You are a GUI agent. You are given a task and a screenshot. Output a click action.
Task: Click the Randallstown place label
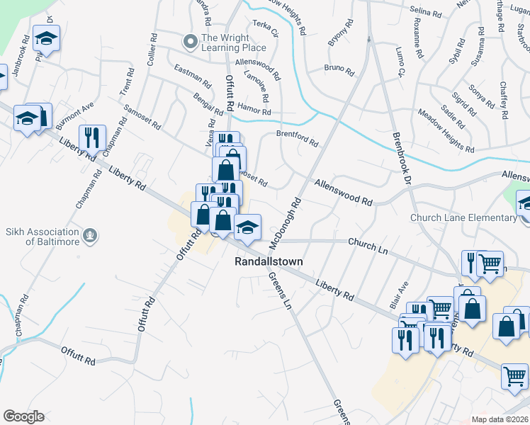tap(269, 261)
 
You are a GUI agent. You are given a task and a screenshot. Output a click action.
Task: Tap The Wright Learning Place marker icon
tap(189, 42)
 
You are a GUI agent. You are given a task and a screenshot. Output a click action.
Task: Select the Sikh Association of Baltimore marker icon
tap(89, 234)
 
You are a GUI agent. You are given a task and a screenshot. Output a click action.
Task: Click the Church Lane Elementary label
tap(463, 217)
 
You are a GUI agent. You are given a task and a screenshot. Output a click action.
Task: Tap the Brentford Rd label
tap(296, 138)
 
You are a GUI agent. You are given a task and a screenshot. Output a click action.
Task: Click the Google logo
tap(23, 416)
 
